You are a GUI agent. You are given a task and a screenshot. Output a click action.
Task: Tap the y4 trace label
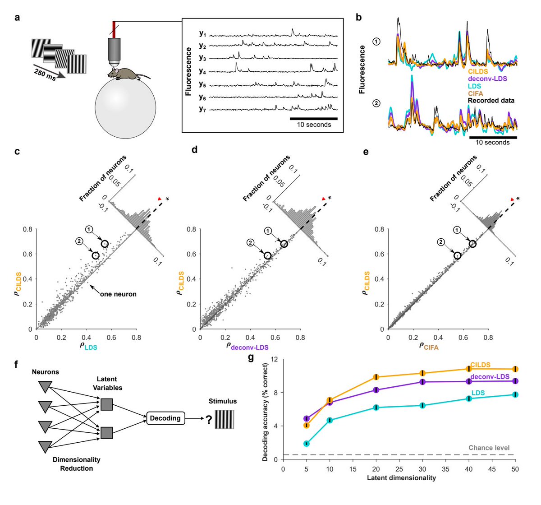pos(202,71)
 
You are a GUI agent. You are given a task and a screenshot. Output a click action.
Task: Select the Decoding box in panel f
pos(165,418)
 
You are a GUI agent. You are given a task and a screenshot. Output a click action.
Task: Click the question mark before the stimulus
pos(209,420)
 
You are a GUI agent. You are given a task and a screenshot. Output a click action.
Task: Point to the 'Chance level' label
pos(489,448)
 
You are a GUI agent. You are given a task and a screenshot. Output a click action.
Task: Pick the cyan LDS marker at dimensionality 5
pos(307,444)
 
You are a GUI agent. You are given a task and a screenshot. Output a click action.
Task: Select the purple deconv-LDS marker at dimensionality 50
pos(515,381)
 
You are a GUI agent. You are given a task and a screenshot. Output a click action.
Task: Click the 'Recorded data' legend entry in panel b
pos(491,101)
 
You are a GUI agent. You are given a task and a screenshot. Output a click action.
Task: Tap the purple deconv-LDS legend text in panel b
pos(488,79)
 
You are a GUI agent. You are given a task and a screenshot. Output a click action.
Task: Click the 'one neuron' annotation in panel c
pos(118,294)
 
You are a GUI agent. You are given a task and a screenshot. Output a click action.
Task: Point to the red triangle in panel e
pos(511,199)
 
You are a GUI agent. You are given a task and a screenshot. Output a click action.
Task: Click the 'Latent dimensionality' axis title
pos(401,477)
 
